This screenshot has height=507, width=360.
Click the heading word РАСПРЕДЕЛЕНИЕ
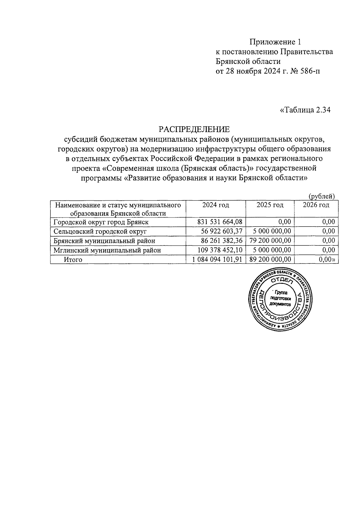tap(194, 130)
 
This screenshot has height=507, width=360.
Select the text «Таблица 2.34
tap(305, 110)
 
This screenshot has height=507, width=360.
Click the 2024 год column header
tap(215, 205)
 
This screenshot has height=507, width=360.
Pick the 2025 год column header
tap(270, 205)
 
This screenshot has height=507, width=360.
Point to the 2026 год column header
tap(316, 205)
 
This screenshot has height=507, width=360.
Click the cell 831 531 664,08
tap(220, 222)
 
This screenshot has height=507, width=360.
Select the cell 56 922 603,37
tap(221, 231)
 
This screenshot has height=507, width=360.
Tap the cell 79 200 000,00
tap(270, 241)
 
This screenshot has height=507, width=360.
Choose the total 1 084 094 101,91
tap(217, 259)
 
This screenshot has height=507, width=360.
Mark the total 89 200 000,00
tap(270, 259)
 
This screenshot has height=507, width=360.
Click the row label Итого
tap(73, 259)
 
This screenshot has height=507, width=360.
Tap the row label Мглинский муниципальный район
tap(107, 250)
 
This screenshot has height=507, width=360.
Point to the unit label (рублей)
tap(322, 196)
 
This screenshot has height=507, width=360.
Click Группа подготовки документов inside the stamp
tap(280, 298)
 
